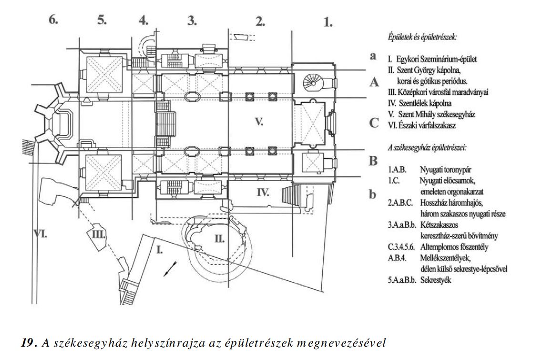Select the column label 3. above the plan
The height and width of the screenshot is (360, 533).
click(x=192, y=21)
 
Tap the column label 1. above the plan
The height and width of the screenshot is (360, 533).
click(x=328, y=22)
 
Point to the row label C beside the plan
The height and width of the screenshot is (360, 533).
click(x=374, y=123)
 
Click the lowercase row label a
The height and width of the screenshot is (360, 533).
click(x=373, y=56)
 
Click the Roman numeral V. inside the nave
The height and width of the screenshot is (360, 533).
click(x=259, y=122)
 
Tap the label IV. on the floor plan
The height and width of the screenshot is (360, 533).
click(x=263, y=193)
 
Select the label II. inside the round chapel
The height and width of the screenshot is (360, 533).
click(x=220, y=238)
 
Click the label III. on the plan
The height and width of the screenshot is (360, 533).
click(x=99, y=235)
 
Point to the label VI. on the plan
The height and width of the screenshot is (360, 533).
click(x=40, y=234)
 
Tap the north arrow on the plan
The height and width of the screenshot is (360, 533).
click(x=170, y=268)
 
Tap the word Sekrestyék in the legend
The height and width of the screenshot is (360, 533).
click(x=436, y=280)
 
